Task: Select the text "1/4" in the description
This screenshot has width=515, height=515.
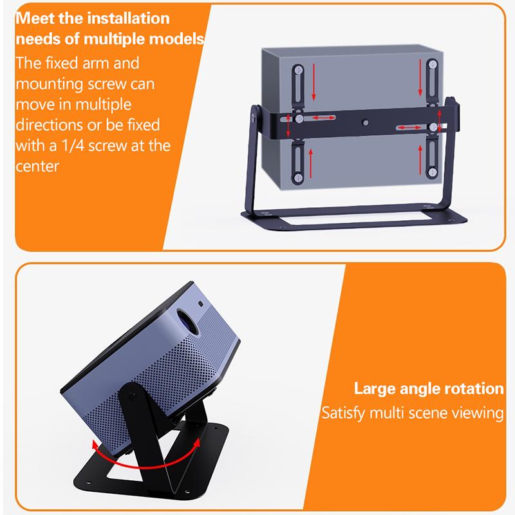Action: [73, 145]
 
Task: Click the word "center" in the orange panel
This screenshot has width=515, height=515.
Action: [37, 166]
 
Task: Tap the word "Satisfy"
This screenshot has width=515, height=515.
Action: [343, 413]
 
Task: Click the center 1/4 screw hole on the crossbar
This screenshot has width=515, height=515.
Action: [365, 123]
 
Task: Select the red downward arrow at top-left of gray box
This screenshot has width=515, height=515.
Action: [314, 82]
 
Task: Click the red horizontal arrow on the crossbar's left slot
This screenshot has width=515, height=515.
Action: [324, 118]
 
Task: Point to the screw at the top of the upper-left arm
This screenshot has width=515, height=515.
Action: [298, 70]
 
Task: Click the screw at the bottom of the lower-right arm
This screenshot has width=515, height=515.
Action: [432, 171]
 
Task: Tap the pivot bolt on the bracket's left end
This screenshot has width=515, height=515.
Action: [253, 117]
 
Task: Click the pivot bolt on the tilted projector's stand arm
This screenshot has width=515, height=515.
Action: [132, 397]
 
